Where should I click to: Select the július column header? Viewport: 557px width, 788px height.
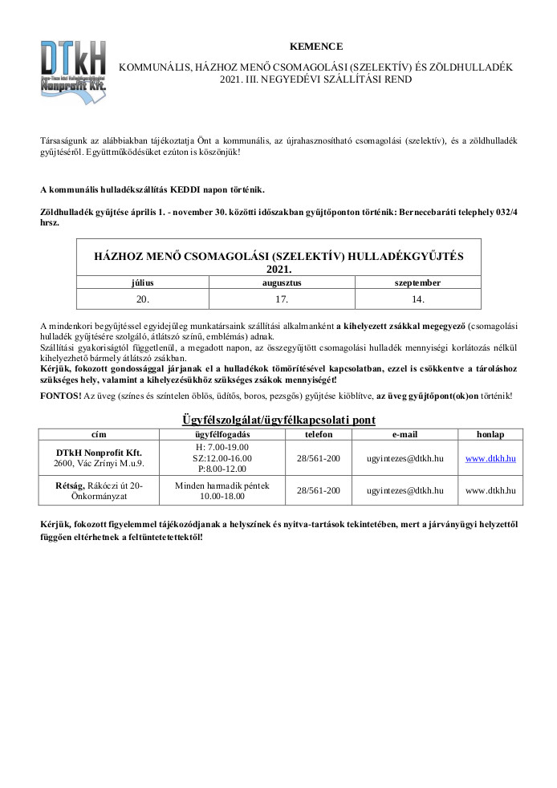143,282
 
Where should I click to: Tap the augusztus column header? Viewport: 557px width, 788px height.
282,282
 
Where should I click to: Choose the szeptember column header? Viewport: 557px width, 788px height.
417,282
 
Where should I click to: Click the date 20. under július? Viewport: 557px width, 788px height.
143,299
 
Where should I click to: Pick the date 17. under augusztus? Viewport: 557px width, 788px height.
282,299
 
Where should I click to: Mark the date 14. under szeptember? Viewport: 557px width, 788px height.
417,299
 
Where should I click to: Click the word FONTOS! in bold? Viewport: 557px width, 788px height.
59,396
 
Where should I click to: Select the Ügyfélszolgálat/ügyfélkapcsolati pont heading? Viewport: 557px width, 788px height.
278,420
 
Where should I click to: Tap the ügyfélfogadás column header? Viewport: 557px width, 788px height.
222,434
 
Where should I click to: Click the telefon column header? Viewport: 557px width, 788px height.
318,434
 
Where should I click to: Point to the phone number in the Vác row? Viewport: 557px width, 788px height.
318,457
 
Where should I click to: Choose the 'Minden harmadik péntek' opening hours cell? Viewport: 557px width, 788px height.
222,485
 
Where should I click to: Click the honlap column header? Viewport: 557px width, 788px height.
490,434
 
